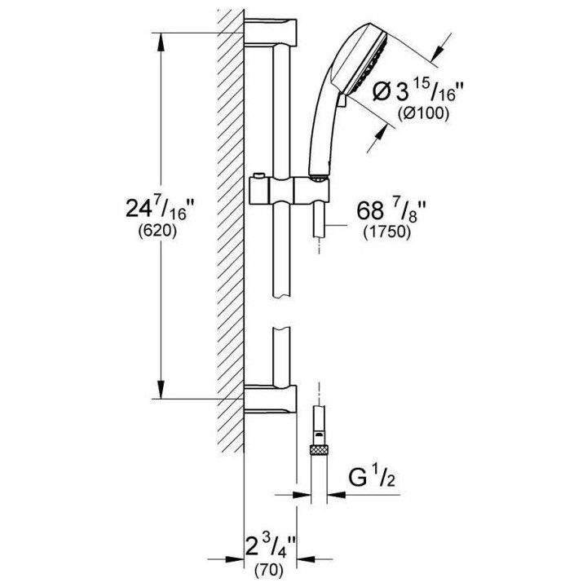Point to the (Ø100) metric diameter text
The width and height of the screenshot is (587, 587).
(x=422, y=114)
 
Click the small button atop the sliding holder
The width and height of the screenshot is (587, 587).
(x=258, y=177)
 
